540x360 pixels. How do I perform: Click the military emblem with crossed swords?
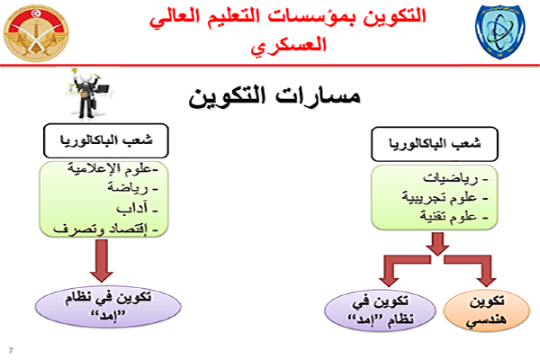[x=36, y=33]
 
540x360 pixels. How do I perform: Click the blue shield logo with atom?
[x=499, y=31]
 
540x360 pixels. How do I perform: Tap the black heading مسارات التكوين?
[x=274, y=96]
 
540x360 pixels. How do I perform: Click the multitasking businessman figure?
[x=89, y=94]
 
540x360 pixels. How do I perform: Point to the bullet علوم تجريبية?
[x=445, y=198]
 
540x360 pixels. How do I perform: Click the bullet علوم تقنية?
[x=454, y=216]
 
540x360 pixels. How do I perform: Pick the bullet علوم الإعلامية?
[x=112, y=168]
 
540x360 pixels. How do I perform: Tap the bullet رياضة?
[x=132, y=188]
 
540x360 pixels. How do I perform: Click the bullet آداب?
[x=137, y=209]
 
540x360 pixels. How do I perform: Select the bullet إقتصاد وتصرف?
[x=105, y=229]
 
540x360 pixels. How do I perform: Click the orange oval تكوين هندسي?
[x=486, y=310]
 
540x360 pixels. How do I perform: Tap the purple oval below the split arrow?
[x=380, y=310]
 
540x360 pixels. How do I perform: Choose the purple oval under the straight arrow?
[x=108, y=306]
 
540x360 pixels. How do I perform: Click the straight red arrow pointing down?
[x=101, y=261]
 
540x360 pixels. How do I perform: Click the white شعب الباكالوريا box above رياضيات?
[x=435, y=144]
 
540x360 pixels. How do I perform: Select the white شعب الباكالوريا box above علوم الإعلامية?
[x=105, y=140]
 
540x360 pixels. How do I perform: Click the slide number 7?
[x=11, y=351]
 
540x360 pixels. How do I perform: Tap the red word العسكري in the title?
[x=288, y=45]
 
